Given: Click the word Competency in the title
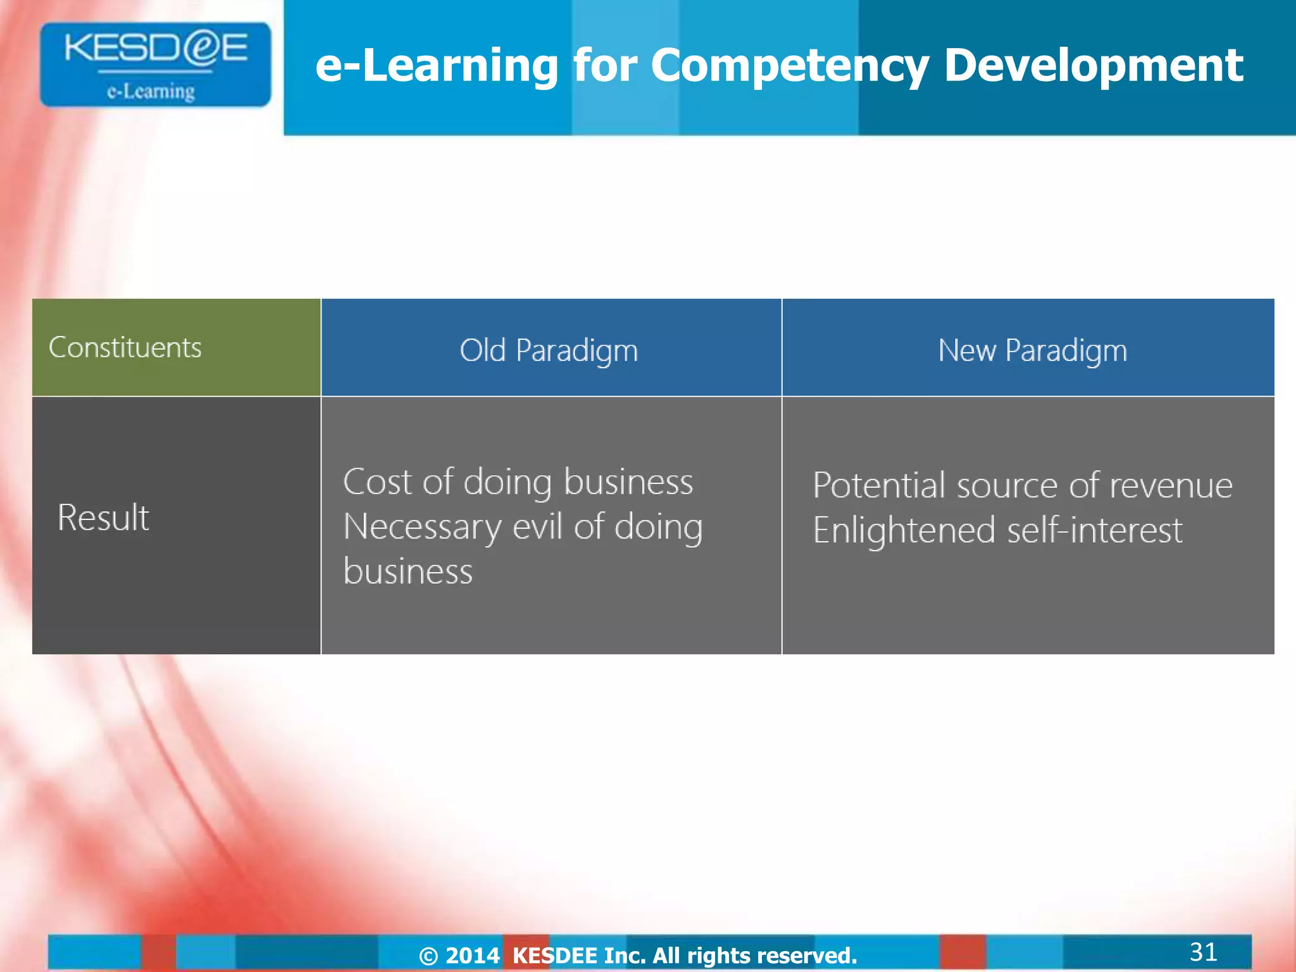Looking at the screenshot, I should (789, 66).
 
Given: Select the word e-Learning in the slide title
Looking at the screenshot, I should (437, 66).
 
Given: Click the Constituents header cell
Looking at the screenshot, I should (125, 347).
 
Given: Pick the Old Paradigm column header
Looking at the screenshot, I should (549, 350).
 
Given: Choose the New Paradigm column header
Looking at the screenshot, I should (1032, 350).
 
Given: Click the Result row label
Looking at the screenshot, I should (103, 517).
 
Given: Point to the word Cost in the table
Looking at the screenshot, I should (377, 482).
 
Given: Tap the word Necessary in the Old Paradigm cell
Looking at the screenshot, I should (421, 526).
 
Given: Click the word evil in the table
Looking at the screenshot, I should (537, 526).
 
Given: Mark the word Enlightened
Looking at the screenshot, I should (904, 530).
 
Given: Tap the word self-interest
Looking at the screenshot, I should (1094, 530).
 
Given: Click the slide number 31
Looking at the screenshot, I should (1203, 951).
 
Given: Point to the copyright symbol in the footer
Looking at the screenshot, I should (428, 956).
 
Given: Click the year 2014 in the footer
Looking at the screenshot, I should (472, 955).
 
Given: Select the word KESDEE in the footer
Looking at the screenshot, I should (554, 955).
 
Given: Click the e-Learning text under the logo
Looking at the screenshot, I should (151, 92).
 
